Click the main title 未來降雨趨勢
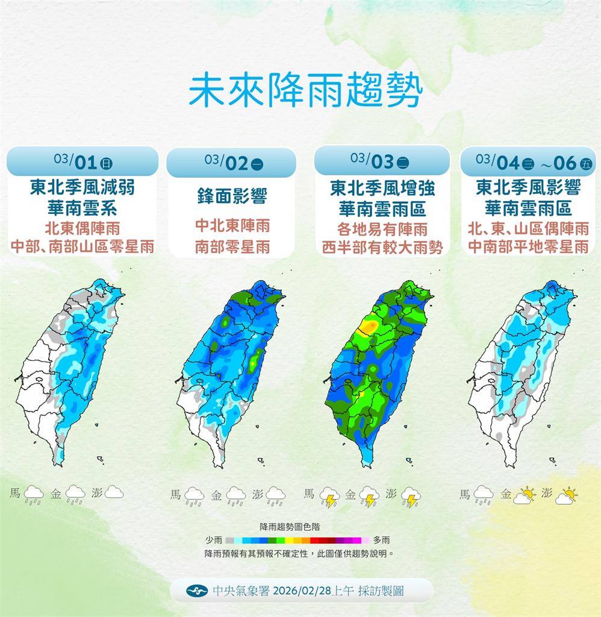[305, 91]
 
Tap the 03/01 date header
[83, 161]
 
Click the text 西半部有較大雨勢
[382, 248]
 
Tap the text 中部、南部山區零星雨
[83, 246]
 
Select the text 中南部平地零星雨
[528, 246]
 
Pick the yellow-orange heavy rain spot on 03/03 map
[369, 327]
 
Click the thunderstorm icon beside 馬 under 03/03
[329, 496]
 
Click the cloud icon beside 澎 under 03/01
[114, 493]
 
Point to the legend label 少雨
[213, 540]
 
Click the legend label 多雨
[381, 540]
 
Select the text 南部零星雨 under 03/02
[232, 248]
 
